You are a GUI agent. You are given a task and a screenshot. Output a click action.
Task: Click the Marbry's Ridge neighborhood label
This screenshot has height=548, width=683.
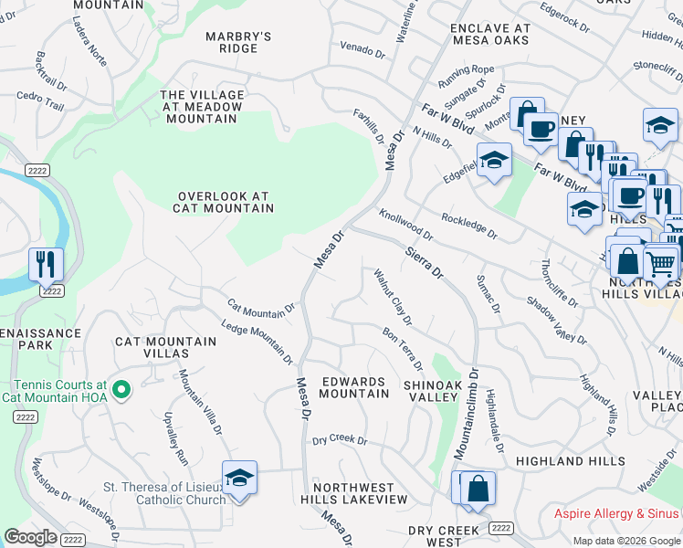[x=238, y=42]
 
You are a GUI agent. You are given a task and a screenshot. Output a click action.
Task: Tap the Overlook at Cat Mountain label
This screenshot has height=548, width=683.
[x=225, y=202]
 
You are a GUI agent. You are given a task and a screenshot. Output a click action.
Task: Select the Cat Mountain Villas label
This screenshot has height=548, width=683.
[x=165, y=347]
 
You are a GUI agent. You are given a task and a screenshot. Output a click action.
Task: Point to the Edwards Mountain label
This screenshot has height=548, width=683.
[x=354, y=387]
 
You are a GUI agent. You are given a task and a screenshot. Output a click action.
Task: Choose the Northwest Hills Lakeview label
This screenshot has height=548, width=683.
[x=354, y=493]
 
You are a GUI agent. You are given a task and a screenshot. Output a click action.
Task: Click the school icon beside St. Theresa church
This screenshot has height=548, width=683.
[x=239, y=479]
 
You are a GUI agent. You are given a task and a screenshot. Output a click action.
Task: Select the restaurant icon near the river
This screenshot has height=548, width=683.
[x=46, y=264]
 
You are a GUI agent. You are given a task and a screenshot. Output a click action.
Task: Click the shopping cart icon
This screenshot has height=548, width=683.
[x=660, y=263]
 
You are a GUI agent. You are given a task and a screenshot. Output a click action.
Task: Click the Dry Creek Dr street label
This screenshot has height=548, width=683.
[x=339, y=440]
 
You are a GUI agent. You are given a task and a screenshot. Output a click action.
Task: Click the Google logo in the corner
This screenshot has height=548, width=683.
[x=31, y=537]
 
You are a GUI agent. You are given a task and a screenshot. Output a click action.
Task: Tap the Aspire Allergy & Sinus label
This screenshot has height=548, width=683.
[x=617, y=514]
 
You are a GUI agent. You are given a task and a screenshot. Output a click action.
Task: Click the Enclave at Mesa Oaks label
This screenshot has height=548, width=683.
[x=489, y=35]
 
